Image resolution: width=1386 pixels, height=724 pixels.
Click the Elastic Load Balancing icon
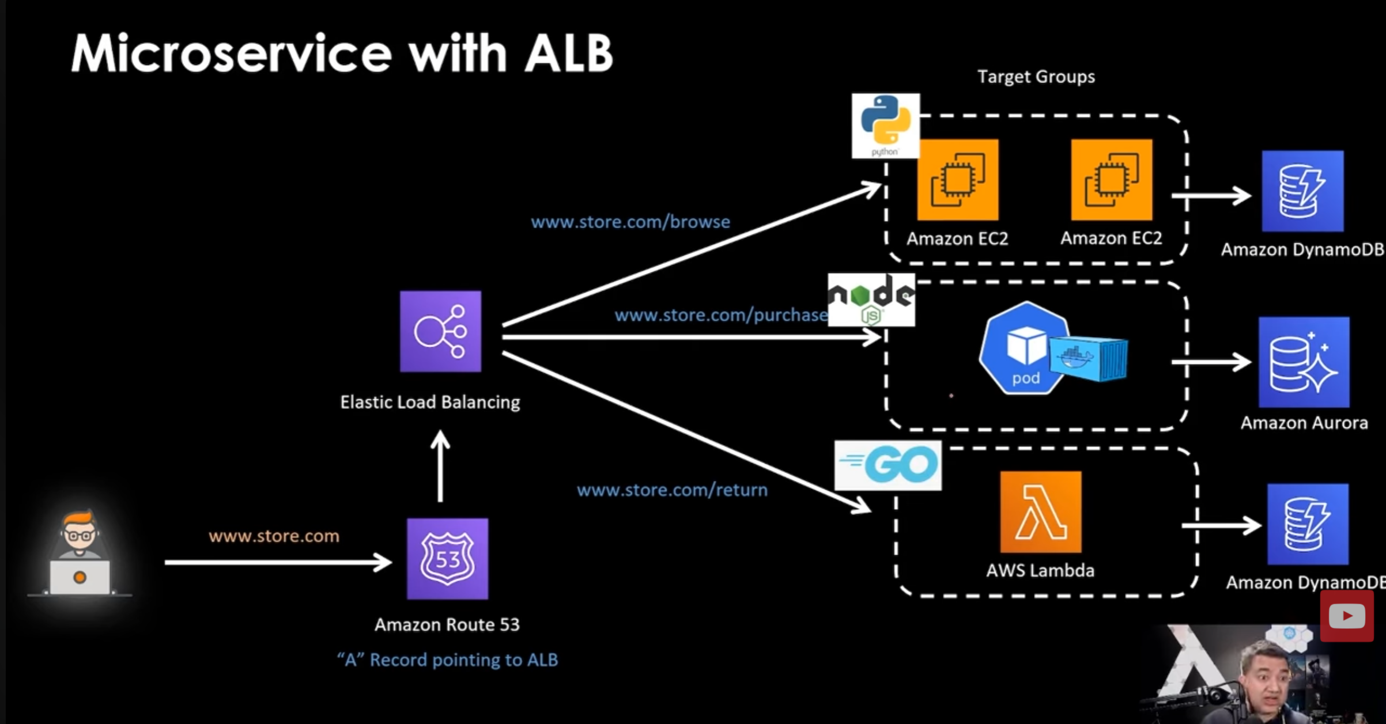(x=440, y=331)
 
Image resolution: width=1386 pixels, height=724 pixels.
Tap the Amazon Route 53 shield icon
(x=447, y=559)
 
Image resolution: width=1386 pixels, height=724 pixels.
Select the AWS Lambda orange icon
(x=1040, y=512)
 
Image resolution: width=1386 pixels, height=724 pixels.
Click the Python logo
(x=885, y=126)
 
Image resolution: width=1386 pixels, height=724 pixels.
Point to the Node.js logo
(x=871, y=300)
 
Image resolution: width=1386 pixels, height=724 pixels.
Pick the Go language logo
(x=888, y=465)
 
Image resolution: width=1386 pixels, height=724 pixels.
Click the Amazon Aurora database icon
(x=1304, y=362)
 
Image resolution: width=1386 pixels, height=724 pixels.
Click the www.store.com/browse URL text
(x=630, y=222)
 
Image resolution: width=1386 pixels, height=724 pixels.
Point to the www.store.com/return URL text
(x=672, y=490)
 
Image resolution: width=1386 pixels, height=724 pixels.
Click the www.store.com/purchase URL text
(x=721, y=315)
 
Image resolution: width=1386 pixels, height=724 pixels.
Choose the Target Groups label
(x=1036, y=77)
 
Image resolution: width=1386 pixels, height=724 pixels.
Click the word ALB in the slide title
(x=568, y=54)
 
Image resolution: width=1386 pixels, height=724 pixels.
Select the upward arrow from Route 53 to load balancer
(x=440, y=467)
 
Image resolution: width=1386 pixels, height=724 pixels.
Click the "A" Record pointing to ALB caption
(x=447, y=659)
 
